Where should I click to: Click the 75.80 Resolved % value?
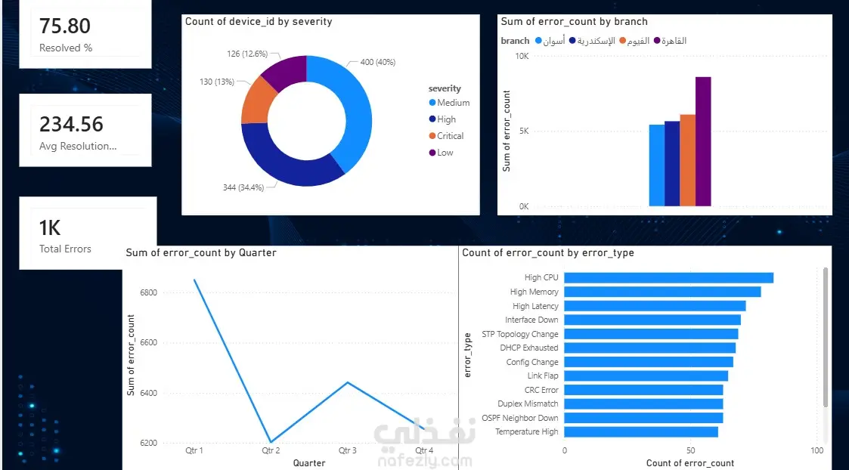[65, 26]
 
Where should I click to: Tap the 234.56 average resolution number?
[71, 124]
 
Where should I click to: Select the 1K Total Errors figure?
[50, 228]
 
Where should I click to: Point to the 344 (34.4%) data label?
[243, 187]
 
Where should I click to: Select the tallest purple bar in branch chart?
[703, 141]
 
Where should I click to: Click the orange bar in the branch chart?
[688, 160]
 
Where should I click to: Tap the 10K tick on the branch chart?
[522, 56]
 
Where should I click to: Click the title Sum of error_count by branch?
[574, 22]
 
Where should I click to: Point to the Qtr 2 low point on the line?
[271, 442]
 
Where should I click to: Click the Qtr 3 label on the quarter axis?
[348, 450]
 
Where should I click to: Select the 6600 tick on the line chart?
[148, 343]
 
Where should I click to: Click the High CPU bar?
[669, 278]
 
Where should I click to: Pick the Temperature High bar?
[641, 431]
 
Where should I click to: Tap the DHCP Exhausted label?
[529, 348]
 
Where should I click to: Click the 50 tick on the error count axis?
[690, 450]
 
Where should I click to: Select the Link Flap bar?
[646, 376]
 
